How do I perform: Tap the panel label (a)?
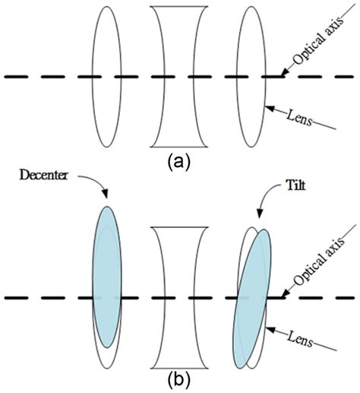[x=179, y=160]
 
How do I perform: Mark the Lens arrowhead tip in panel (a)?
[x=265, y=109]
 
